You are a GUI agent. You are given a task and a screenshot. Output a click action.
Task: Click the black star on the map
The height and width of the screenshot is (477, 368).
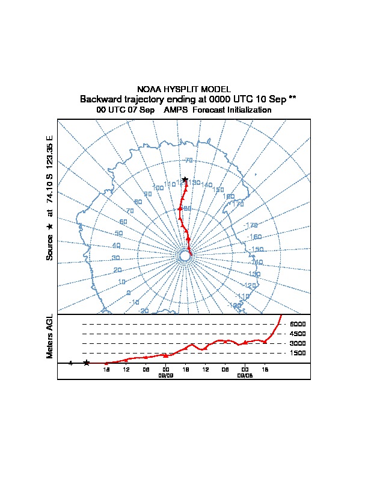[185, 179]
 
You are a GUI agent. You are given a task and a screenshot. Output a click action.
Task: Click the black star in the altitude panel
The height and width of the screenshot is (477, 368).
[87, 363]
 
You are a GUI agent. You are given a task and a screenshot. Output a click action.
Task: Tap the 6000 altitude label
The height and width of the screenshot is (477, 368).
[298, 324]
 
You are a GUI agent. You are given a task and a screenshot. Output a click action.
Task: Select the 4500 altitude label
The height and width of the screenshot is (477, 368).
[298, 334]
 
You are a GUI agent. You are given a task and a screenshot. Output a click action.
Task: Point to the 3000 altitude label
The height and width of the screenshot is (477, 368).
[298, 343]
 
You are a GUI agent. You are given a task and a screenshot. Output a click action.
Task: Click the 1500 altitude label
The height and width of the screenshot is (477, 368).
[298, 353]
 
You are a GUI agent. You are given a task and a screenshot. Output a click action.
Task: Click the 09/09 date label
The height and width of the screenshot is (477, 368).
[165, 375]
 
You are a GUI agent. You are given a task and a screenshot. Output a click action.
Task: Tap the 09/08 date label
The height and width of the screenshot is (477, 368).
[245, 375]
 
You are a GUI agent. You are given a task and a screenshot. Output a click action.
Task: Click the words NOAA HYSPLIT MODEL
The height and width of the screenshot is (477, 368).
[184, 89]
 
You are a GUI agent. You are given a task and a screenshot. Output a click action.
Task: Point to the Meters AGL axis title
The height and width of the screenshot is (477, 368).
[50, 336]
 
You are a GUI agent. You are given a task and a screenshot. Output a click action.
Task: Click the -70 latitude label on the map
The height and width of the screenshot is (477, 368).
[188, 161]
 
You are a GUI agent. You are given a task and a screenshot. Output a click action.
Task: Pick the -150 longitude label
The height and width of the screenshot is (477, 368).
[257, 249]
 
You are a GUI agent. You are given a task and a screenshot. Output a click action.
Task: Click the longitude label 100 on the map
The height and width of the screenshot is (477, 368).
[158, 188]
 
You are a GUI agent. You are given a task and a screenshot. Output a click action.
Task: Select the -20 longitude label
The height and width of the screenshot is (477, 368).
[144, 310]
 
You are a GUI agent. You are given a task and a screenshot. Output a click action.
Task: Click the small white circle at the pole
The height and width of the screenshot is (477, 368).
[185, 256]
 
